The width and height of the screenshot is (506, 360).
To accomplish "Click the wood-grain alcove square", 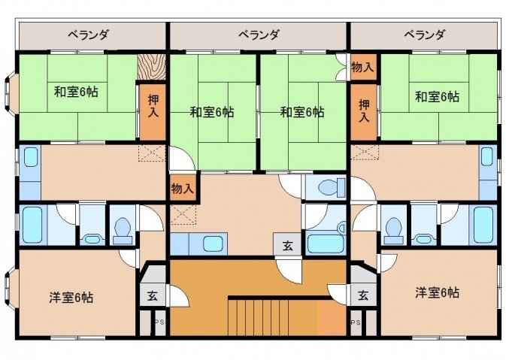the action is (152, 67).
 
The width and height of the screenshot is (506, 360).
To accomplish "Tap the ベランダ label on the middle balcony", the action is (259, 34).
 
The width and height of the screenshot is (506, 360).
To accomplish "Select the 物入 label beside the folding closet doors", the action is (362, 67).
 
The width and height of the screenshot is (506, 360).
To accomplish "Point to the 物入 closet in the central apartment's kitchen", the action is (183, 188).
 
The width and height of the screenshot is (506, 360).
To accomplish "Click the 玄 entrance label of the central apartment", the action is (288, 246).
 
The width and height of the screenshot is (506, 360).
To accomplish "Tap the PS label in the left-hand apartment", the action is (159, 322).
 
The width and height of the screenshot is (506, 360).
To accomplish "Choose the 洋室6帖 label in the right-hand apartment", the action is (437, 292).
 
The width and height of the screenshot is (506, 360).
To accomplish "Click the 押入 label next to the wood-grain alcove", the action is (153, 106).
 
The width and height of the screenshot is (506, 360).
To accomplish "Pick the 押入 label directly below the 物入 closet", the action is (364, 111).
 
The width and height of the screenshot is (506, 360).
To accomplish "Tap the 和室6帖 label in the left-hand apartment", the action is (76, 92).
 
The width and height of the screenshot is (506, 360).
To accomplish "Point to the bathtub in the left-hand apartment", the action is (32, 225).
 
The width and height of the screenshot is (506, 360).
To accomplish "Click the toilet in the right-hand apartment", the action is (393, 231).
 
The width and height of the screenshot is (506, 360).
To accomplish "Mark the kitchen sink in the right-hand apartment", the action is (487, 156).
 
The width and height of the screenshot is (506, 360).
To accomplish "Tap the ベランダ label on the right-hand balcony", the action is (425, 34).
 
